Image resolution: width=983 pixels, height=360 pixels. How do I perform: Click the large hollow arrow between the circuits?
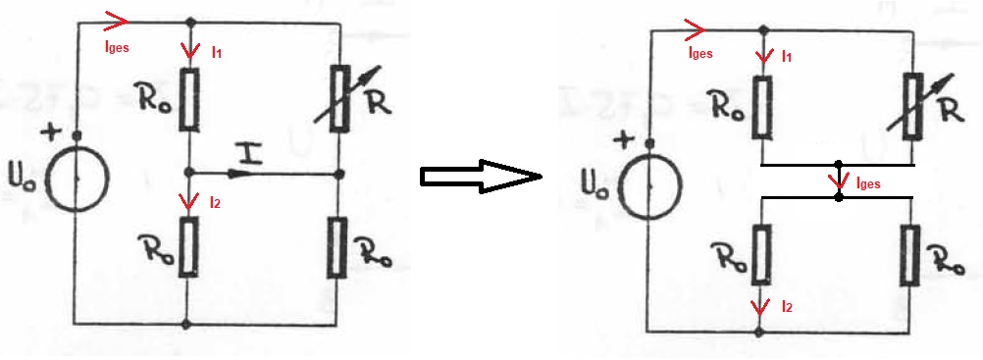click(480, 177)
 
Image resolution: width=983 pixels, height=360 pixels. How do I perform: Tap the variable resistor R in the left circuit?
click(339, 98)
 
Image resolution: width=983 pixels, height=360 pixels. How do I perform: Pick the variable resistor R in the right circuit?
click(912, 106)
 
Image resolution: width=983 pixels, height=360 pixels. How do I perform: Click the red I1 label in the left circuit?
click(216, 53)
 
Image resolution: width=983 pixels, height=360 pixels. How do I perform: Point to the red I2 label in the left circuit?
click(214, 203)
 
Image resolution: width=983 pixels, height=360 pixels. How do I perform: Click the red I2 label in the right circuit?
click(788, 307)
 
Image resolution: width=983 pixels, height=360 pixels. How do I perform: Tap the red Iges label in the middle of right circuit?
click(868, 183)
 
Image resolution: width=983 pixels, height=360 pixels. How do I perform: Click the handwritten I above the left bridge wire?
click(250, 154)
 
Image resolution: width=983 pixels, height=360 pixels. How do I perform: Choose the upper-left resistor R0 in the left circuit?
click(189, 99)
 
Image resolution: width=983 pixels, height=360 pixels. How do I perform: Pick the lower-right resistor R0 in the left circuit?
click(337, 248)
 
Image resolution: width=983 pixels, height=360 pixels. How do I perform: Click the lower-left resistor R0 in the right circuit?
click(761, 253)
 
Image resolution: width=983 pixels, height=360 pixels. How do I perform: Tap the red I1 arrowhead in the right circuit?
click(763, 56)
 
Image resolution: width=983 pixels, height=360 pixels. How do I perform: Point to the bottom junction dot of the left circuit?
click(185, 325)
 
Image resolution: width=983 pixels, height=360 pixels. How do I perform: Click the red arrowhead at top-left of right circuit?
click(695, 27)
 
